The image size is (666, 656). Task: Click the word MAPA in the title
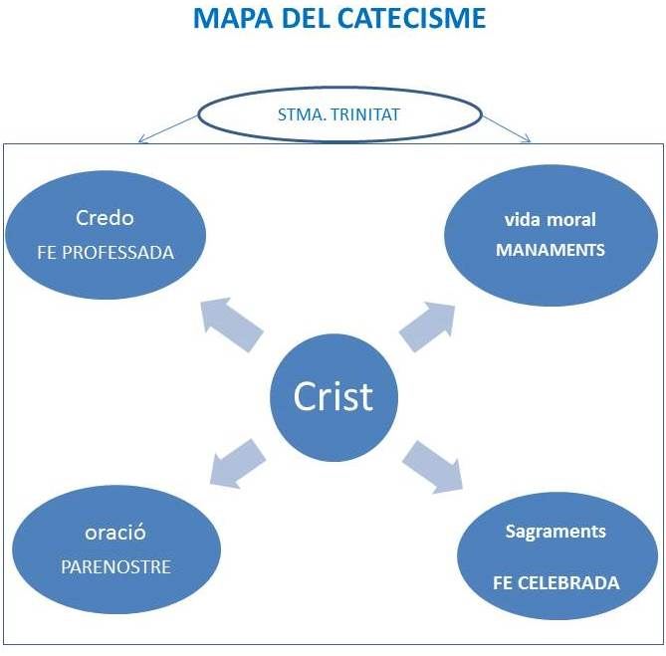pyautogui.click(x=233, y=18)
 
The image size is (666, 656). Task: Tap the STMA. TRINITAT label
pyautogui.click(x=338, y=114)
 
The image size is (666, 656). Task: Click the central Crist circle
pyautogui.click(x=333, y=397)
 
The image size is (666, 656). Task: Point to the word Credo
pyautogui.click(x=105, y=218)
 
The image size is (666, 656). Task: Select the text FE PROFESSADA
pyautogui.click(x=106, y=253)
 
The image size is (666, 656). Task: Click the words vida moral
pyautogui.click(x=551, y=220)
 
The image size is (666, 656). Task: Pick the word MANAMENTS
pyautogui.click(x=551, y=250)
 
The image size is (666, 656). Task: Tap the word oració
pyautogui.click(x=115, y=532)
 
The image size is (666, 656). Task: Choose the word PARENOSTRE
pyautogui.click(x=115, y=566)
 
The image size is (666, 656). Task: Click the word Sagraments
pyautogui.click(x=555, y=532)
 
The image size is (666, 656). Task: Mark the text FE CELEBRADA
pyautogui.click(x=555, y=583)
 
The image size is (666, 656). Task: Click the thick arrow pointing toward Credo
pyautogui.click(x=232, y=325)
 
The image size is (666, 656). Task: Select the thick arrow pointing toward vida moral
pyautogui.click(x=427, y=327)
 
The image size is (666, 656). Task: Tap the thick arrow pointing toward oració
pyautogui.click(x=238, y=464)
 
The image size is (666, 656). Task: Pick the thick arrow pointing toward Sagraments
pyautogui.click(x=432, y=467)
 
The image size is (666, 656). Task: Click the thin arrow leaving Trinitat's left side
pyautogui.click(x=168, y=128)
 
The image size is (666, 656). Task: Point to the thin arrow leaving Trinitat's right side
pyautogui.click(x=507, y=128)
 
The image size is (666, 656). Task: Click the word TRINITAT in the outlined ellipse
pyautogui.click(x=364, y=114)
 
